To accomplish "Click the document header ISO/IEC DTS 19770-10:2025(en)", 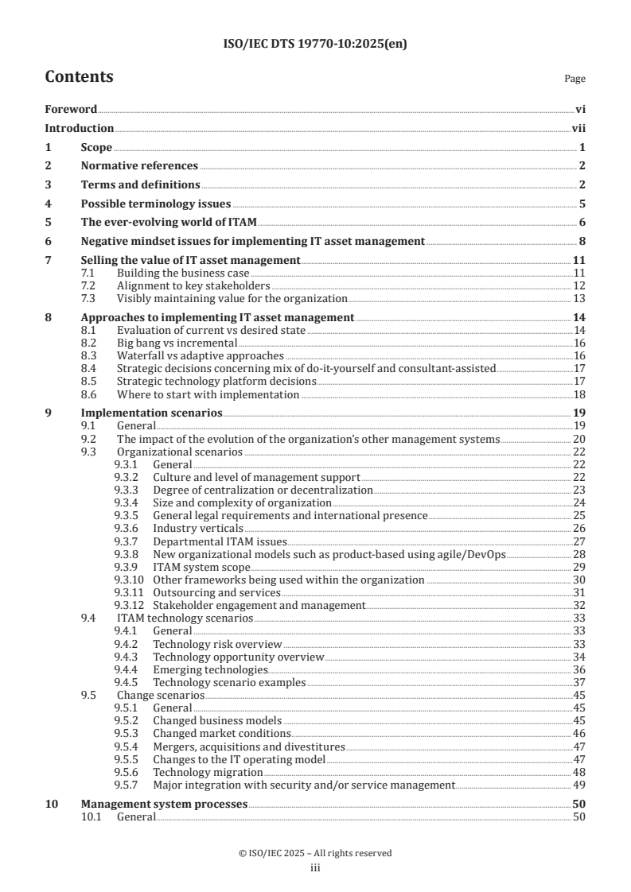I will pos(315,45).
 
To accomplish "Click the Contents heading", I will pos(79,77).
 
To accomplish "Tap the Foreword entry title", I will pos(71,109).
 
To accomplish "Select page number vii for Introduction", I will pos(578,128).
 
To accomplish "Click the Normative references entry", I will pos(139,165).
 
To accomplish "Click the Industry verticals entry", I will pos(197,528).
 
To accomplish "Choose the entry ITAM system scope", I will pos(201,567).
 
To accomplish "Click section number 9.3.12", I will pos(128,605).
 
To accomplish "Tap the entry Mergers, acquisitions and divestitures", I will pos(248,747).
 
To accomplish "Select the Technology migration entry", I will pos(207,772).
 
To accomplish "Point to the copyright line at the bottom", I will pos(315,853).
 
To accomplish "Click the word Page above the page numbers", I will pos(574,79).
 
